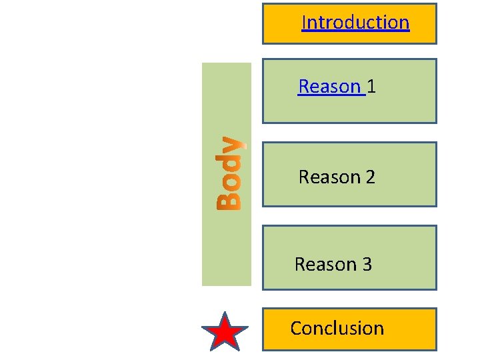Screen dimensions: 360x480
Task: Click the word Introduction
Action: click(x=355, y=23)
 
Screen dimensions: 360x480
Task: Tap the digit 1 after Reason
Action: click(x=371, y=87)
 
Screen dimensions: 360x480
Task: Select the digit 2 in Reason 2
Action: click(x=370, y=177)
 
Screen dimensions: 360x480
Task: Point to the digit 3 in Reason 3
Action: click(x=367, y=265)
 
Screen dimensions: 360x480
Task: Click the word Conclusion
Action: click(x=337, y=328)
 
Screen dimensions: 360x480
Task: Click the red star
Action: click(x=225, y=331)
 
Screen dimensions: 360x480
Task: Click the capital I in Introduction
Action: click(x=304, y=23)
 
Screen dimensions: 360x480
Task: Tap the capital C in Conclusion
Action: click(x=297, y=328)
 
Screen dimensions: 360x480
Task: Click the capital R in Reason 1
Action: click(x=305, y=87)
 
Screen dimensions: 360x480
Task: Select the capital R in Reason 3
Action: click(x=301, y=265)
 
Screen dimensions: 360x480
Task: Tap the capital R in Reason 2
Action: click(x=305, y=177)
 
